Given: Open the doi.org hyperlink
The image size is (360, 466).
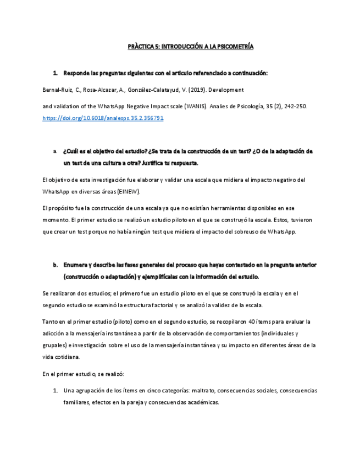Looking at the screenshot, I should click(x=103, y=118).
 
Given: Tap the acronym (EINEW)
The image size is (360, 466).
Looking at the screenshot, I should click(x=129, y=192).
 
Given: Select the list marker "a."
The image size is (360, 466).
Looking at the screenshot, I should click(x=55, y=151).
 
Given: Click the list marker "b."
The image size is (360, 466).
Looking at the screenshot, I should click(x=55, y=265).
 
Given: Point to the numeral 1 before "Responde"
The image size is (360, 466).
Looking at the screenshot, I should click(x=55, y=73).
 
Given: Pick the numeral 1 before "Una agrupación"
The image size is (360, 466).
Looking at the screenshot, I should click(x=55, y=391).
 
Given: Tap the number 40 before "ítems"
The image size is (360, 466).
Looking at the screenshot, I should click(x=251, y=321).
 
